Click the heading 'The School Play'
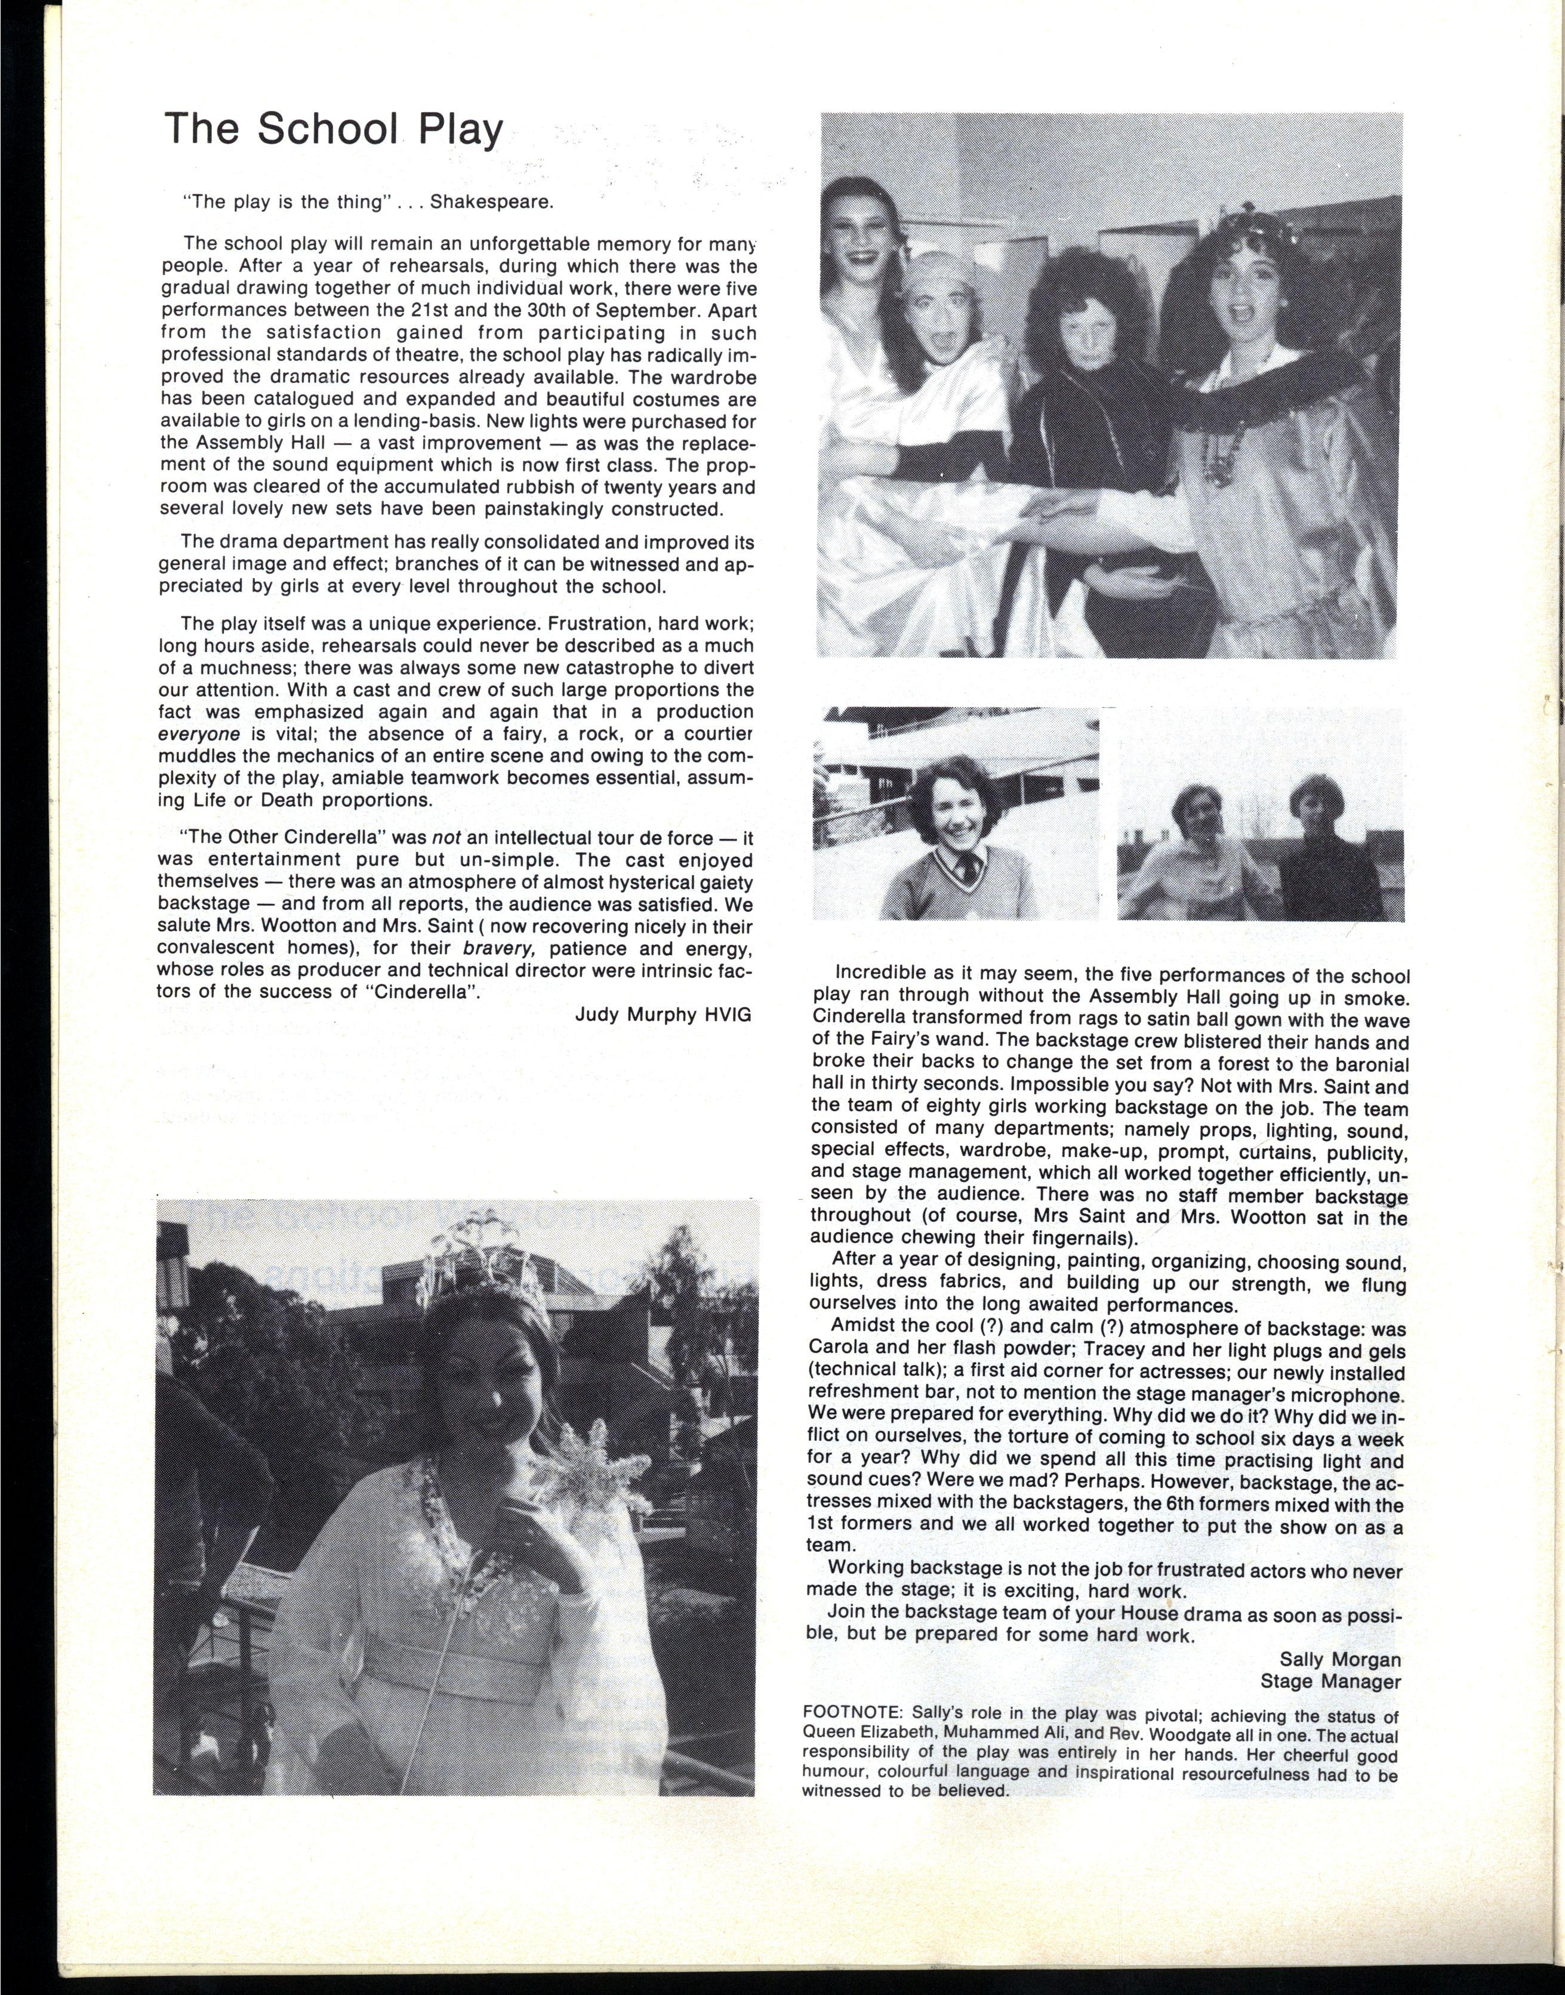[x=334, y=129]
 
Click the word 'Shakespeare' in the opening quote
[x=492, y=202]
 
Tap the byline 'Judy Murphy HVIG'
[x=663, y=1014]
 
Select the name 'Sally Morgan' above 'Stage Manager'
[x=1339, y=1659]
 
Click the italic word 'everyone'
[x=200, y=734]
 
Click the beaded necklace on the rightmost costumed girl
[x=1223, y=449]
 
